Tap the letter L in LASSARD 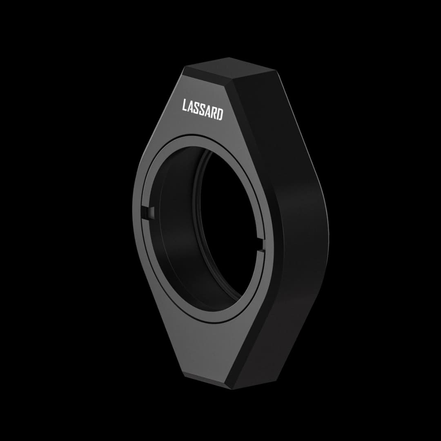click(185, 105)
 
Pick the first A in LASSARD click(190, 107)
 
